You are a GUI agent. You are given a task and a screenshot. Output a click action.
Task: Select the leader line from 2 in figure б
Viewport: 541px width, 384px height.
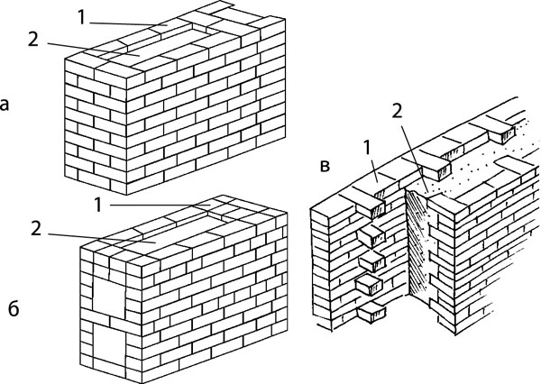point(99,238)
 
